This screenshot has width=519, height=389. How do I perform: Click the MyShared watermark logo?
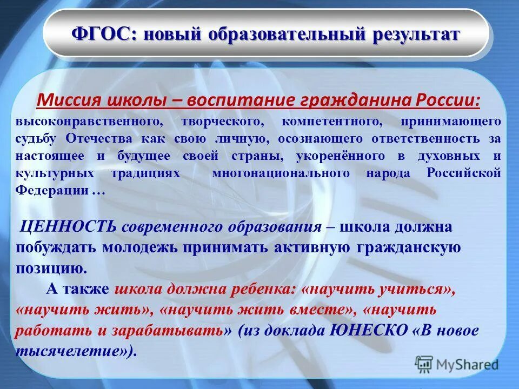pyautogui.click(x=457, y=365)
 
